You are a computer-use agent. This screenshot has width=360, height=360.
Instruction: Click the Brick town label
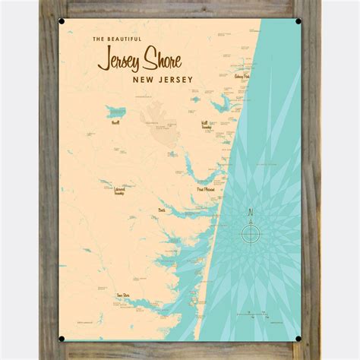tap(161, 210)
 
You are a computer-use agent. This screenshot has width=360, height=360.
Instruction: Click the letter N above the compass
tap(249, 209)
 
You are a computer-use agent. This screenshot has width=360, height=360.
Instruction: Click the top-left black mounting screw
tap(62, 21)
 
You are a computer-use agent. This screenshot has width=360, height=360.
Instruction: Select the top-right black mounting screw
tap(298, 21)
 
